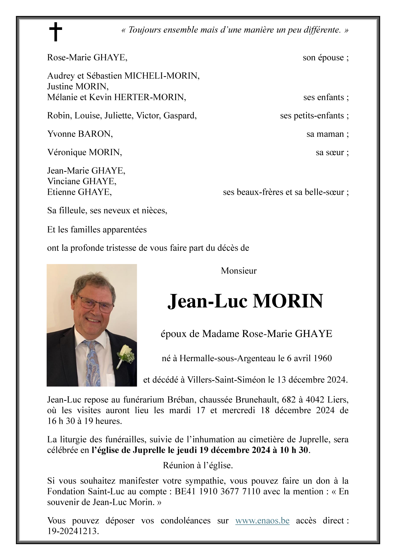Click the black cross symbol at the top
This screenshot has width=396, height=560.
click(x=55, y=31)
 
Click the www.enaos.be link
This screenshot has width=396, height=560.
click(x=262, y=520)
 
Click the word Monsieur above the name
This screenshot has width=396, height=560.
click(x=239, y=271)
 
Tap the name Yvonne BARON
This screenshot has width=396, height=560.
click(x=80, y=134)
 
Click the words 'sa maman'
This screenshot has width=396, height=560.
click(x=325, y=134)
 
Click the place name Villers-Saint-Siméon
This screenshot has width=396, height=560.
click(x=226, y=380)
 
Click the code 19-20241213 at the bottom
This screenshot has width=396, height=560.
click(x=73, y=531)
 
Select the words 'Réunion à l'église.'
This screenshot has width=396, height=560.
click(x=198, y=465)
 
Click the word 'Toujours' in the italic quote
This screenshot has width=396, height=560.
click(x=145, y=30)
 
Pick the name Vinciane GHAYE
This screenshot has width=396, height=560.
click(x=82, y=181)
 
